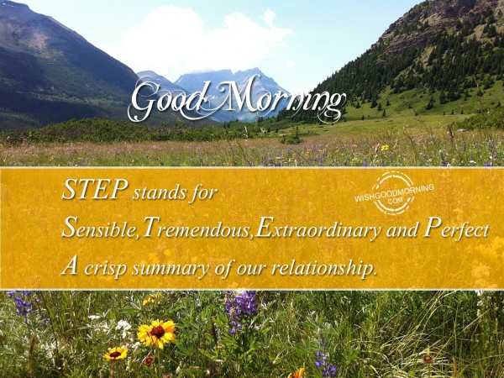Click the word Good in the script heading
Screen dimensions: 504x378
[168, 100]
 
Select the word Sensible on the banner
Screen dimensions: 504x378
[98, 228]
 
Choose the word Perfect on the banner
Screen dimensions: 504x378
[456, 228]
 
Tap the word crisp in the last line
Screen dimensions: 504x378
[105, 267]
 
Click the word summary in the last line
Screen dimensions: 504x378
[171, 269]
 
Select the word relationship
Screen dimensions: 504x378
[323, 267]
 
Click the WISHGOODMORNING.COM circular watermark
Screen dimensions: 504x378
[393, 193]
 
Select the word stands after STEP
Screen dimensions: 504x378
[160, 193]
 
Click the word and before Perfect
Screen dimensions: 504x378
[402, 229]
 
